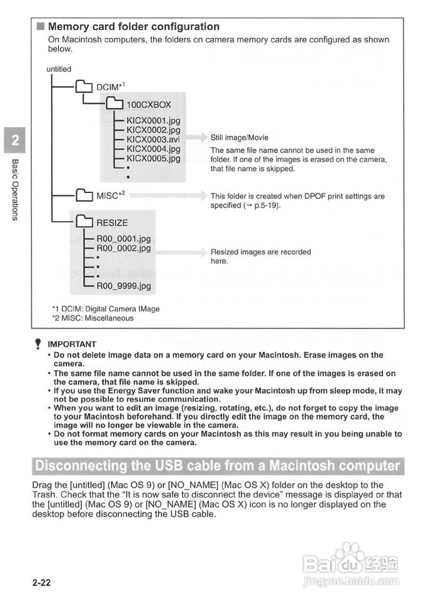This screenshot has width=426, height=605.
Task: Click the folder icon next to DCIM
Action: point(84,87)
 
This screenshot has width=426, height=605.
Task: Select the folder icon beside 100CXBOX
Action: point(113,104)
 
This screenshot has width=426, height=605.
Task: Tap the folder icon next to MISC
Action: point(84,195)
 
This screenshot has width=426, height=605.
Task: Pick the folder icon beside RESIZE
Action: point(84,222)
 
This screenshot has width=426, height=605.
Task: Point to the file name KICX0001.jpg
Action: point(153,121)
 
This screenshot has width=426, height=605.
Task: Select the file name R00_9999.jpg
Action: point(123,286)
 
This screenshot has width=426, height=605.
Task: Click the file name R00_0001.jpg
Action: point(123,239)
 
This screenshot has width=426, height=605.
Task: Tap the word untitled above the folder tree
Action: point(59,69)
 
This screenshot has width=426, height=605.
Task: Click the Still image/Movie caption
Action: point(239,138)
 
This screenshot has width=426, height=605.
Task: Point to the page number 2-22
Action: point(41,583)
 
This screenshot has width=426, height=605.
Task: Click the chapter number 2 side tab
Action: point(15,140)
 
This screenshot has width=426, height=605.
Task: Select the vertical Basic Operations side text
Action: point(15,190)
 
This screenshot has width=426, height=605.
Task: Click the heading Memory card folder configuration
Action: point(134,27)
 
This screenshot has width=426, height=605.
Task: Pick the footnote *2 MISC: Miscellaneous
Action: point(93,318)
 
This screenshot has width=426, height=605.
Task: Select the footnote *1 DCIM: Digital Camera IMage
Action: point(105,309)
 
